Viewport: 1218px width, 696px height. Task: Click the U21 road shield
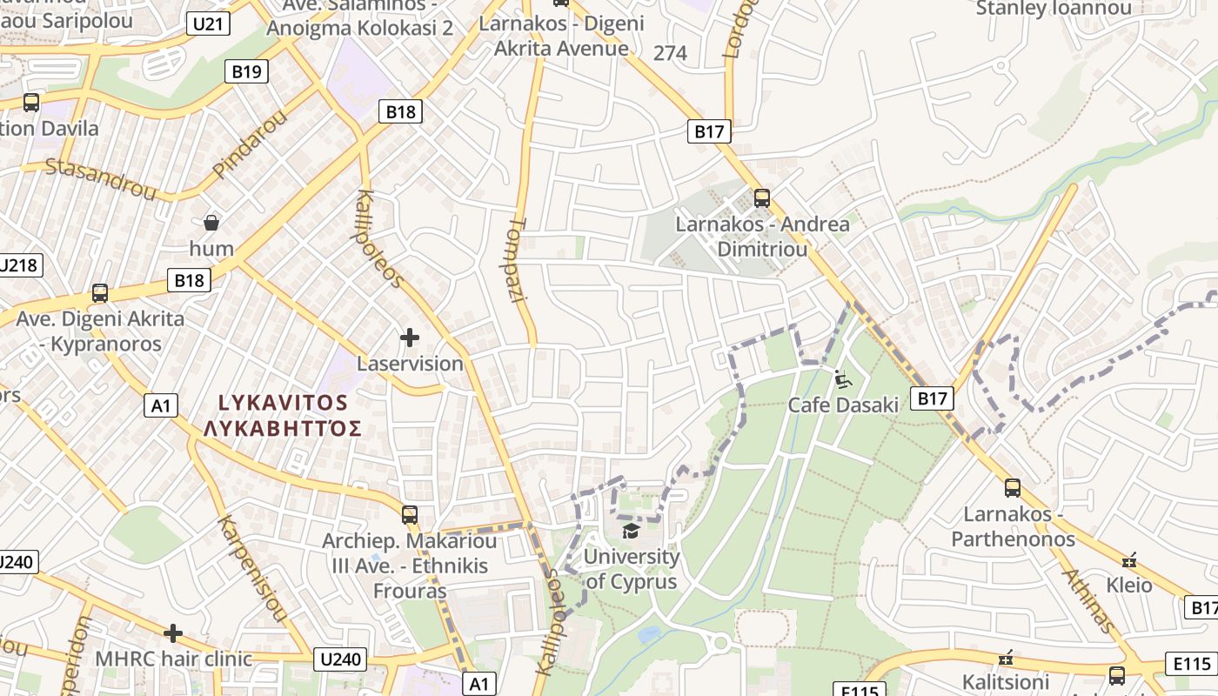[x=207, y=23]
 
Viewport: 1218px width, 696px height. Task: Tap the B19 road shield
[x=246, y=71]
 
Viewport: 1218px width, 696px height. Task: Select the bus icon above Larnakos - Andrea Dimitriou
[x=762, y=197]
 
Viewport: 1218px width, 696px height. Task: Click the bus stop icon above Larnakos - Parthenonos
[x=1012, y=487]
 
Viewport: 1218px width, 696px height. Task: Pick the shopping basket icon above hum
[x=211, y=223]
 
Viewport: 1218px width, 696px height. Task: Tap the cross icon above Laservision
[x=410, y=337]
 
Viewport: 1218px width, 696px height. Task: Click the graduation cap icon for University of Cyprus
[x=630, y=530]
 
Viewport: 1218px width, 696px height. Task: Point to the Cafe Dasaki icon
[x=842, y=378]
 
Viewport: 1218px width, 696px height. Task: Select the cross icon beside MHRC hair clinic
[x=173, y=632]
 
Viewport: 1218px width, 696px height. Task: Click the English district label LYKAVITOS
[x=283, y=403]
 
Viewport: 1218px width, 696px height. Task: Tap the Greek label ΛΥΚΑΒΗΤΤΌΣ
[x=283, y=428]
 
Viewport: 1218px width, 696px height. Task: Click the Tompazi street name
[x=519, y=258]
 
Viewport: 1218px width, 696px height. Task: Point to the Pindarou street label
[x=249, y=144]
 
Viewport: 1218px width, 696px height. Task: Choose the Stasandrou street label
[x=100, y=178]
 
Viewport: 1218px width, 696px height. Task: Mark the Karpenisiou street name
[x=251, y=570]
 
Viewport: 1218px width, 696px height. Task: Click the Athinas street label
[x=1088, y=600]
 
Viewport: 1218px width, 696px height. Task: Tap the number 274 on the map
[x=670, y=53]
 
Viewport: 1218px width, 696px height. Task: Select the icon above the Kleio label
[x=1129, y=559]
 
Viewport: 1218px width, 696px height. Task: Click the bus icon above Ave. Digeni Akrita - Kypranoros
[x=100, y=293]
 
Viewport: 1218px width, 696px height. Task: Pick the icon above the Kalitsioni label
[x=1007, y=657]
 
